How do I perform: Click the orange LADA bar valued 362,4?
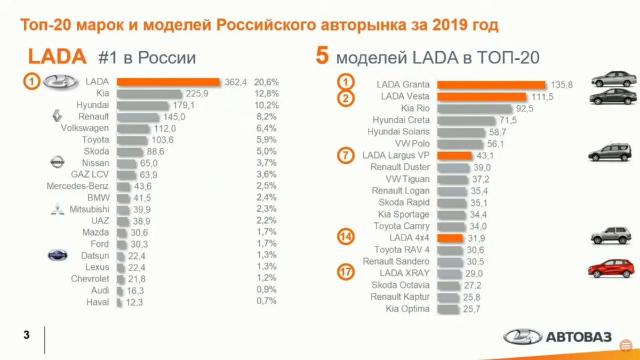pos(168,82)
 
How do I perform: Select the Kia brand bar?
pos(149,94)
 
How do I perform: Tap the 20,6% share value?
pos(267,82)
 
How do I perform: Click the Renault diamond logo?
pos(57,116)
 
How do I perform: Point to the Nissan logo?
pos(57,162)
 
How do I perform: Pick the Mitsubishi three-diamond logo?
pos(57,209)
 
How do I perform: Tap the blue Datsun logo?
pos(57,255)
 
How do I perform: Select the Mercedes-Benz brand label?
pos(77,186)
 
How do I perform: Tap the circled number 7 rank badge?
pos(346,156)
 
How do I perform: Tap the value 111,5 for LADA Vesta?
pos(542,97)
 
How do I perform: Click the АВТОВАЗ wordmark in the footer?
pos(578,337)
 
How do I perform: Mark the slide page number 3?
pos(27,335)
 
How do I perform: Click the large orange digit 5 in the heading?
pos(322,56)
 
